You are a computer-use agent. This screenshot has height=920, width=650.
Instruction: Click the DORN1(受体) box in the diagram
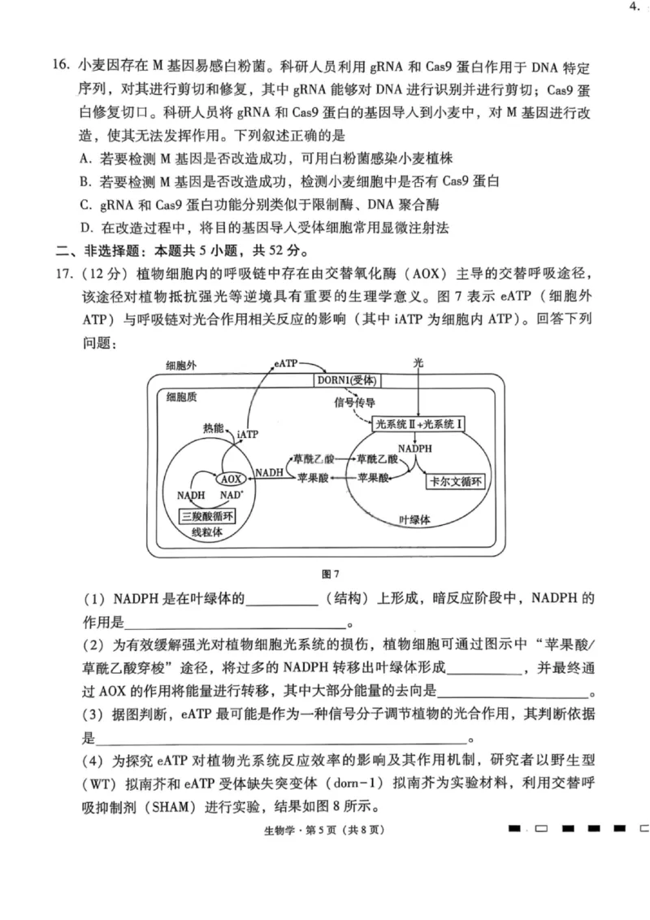(x=349, y=381)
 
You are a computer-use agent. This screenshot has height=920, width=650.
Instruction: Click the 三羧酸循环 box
(x=206, y=517)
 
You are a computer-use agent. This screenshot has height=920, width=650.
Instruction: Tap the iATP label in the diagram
(x=247, y=435)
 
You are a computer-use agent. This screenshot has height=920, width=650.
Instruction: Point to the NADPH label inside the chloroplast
(x=415, y=448)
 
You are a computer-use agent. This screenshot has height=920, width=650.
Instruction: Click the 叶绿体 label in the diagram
(x=414, y=519)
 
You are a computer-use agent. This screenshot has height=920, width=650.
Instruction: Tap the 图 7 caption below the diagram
(x=330, y=575)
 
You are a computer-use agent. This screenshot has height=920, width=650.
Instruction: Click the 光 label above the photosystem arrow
(x=418, y=365)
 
